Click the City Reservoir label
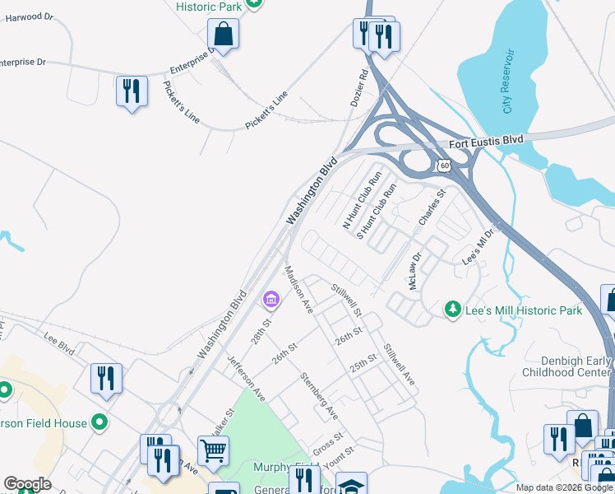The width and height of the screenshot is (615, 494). click(509, 81)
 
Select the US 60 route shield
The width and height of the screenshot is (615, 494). click(444, 165)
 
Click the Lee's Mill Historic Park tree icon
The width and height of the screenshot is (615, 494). click(451, 310)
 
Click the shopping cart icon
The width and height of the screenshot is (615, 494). click(213, 450)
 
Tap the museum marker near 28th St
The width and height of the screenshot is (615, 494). click(270, 298)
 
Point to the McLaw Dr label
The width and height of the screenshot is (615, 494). click(414, 271)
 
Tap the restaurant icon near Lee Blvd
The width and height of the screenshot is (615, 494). click(106, 378)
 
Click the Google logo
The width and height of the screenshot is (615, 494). click(27, 484)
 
